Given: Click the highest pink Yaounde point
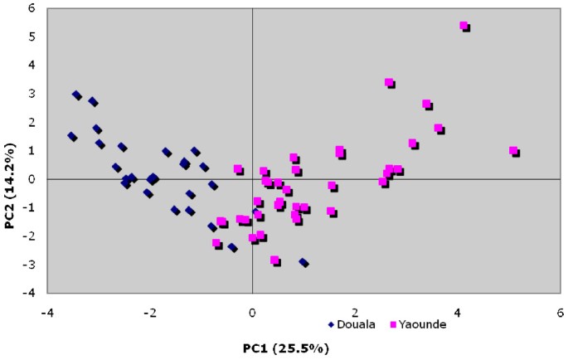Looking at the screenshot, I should coord(464,26).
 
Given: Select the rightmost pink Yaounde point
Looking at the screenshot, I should coord(513,151).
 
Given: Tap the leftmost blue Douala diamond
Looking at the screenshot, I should coord(72,137).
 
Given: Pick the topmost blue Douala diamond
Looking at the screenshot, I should coord(76,95).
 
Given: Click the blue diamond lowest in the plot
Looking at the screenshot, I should coord(303,263).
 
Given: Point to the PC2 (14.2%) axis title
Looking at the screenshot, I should coord(12,151).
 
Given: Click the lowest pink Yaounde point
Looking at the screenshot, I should coord(274,260).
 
